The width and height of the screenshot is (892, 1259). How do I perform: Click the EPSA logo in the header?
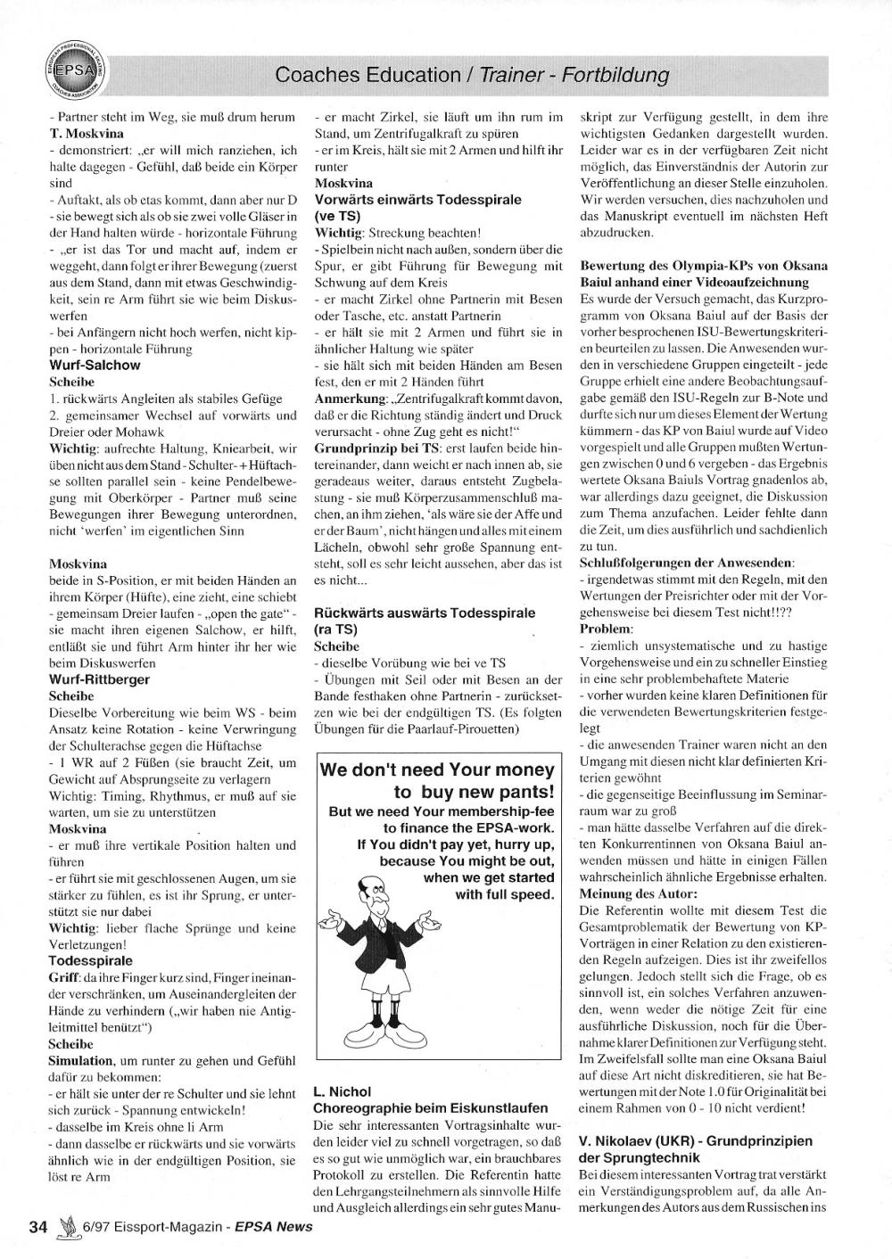74,70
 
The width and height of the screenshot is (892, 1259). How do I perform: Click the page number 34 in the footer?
37,1226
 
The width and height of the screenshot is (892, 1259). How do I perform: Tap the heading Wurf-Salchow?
95,365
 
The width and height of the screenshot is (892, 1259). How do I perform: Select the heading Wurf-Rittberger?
99,679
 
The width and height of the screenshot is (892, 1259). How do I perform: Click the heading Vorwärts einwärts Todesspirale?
417,199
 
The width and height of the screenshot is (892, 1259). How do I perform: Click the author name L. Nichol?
342,1090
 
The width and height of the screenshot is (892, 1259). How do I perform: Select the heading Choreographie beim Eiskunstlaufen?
424,1107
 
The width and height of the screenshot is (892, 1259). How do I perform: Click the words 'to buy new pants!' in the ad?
474,792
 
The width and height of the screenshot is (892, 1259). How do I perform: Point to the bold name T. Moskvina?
87,133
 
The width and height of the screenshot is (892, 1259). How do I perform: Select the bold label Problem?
606,629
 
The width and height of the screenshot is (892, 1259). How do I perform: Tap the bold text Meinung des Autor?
639,893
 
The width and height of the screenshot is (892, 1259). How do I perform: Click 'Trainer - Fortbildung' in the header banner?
574,75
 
